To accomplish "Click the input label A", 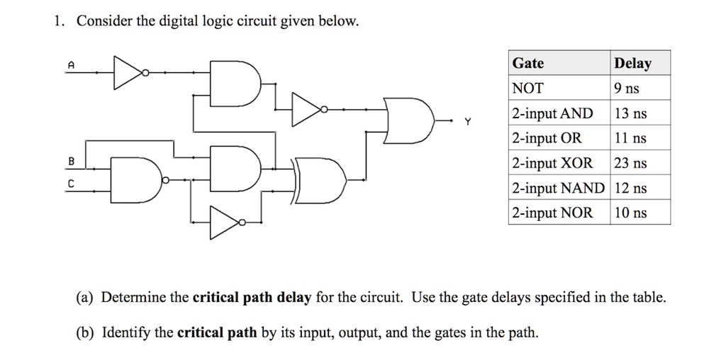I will coord(70,64).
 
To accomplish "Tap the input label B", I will coord(70,161).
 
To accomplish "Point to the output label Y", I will coord(467,121).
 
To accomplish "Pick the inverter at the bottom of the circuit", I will coord(226,223).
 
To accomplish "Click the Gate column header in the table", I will coord(528,64).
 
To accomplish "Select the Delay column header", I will coord(632,64).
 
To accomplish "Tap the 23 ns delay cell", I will coord(630,163).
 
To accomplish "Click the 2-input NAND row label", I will coord(559,189).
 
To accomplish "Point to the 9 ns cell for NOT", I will coord(627,89).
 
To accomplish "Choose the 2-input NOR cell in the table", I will coord(552,213).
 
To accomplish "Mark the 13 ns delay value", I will coord(630,113).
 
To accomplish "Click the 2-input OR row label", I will coord(547,138).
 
